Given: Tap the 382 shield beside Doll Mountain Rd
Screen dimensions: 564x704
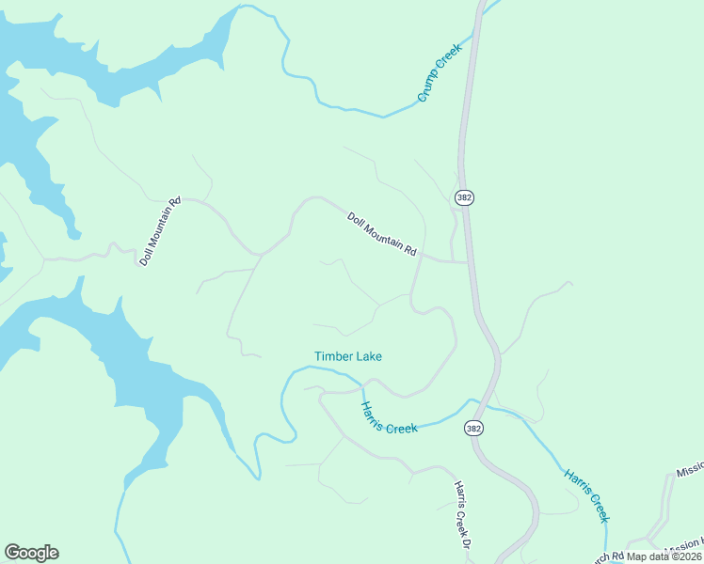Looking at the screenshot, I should (463, 197).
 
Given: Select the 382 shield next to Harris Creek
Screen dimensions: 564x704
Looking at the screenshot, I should (473, 428).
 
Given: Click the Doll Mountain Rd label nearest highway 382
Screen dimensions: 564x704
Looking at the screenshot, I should (381, 234).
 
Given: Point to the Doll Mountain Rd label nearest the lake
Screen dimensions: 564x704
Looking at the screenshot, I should (159, 231).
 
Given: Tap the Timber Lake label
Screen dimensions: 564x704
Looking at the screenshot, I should (348, 356).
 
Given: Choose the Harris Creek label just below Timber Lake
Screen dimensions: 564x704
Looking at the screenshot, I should (389, 417).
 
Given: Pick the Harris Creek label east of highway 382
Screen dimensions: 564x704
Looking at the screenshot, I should (586, 494).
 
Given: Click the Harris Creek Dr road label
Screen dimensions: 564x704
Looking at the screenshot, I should (461, 514).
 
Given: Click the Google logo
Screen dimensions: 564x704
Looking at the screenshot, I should (31, 553).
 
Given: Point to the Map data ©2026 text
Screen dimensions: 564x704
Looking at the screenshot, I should (664, 556).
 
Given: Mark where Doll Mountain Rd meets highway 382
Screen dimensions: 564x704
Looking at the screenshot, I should (468, 262).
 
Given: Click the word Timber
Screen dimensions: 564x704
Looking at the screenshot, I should (333, 356).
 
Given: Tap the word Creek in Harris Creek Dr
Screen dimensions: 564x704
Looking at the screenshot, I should (461, 519).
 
